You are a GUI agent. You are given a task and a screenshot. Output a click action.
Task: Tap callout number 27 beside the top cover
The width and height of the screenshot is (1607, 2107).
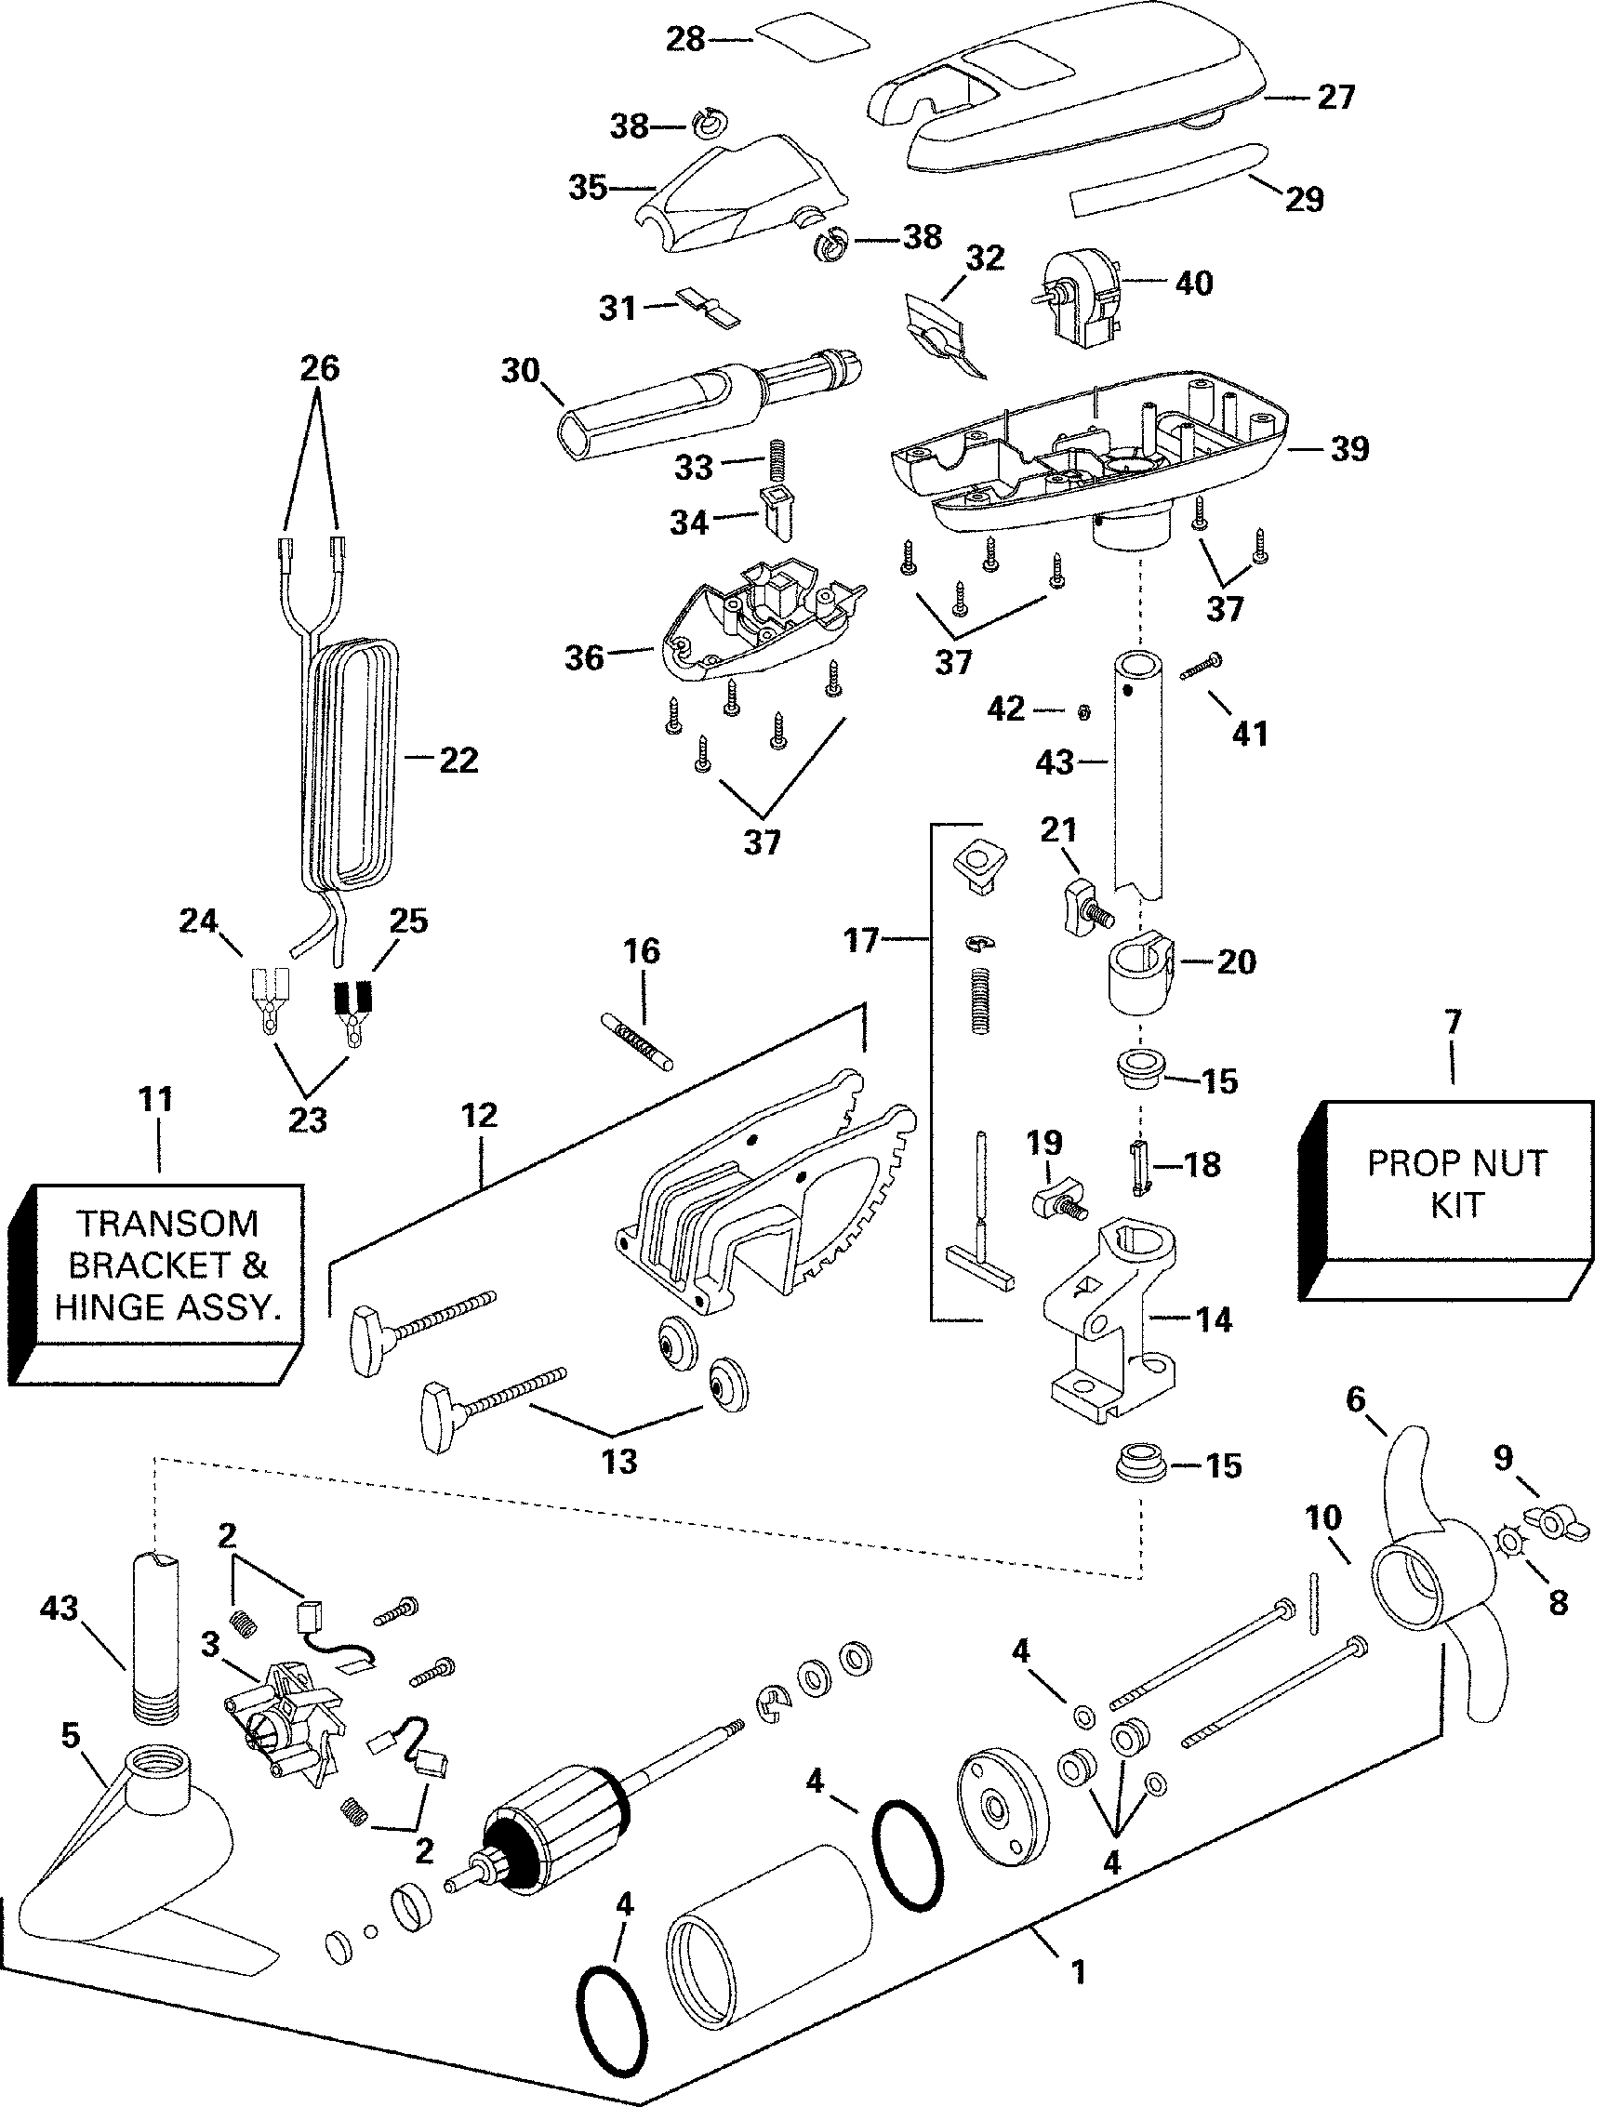(x=1335, y=98)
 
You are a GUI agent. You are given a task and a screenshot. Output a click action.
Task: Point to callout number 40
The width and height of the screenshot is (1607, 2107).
(x=1193, y=282)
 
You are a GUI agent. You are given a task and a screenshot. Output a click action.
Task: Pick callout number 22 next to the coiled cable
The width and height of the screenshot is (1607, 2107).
(x=458, y=761)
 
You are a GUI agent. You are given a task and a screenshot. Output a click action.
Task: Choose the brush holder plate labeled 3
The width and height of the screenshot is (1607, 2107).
(x=287, y=1721)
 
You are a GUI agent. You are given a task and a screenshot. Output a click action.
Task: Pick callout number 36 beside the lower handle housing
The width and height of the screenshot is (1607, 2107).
(x=583, y=658)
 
